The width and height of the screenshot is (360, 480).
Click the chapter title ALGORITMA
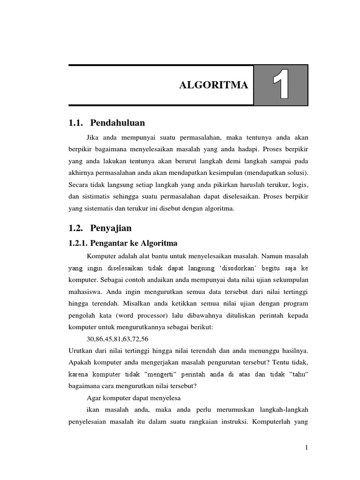[x=213, y=85]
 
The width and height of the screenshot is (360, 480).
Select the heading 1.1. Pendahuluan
[x=106, y=123]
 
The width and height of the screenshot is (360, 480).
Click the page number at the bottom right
[x=307, y=448]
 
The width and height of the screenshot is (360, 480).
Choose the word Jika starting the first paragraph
[x=94, y=137]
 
